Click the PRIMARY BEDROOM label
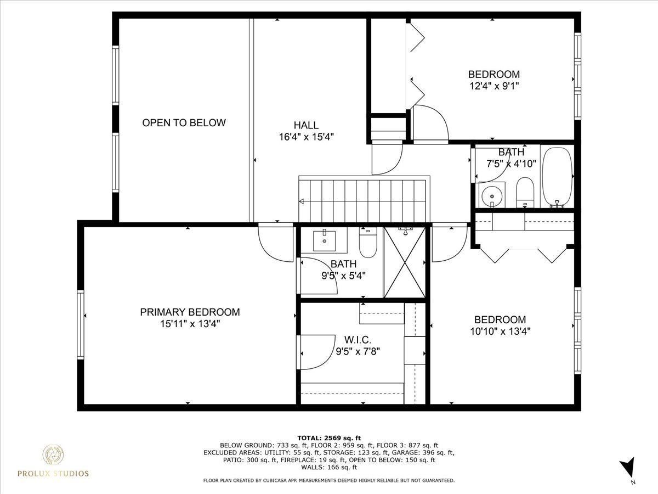[x=190, y=312]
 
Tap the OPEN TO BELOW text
[x=184, y=122]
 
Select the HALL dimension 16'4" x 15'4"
[x=306, y=137]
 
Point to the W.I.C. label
[x=358, y=340]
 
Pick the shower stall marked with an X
[x=405, y=262]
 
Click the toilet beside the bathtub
[x=525, y=192]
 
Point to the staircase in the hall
[x=364, y=200]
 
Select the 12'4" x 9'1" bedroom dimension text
[x=493, y=86]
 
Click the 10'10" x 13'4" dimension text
[x=500, y=331]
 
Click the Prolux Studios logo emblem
[x=53, y=455]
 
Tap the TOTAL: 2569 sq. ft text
[x=329, y=437]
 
